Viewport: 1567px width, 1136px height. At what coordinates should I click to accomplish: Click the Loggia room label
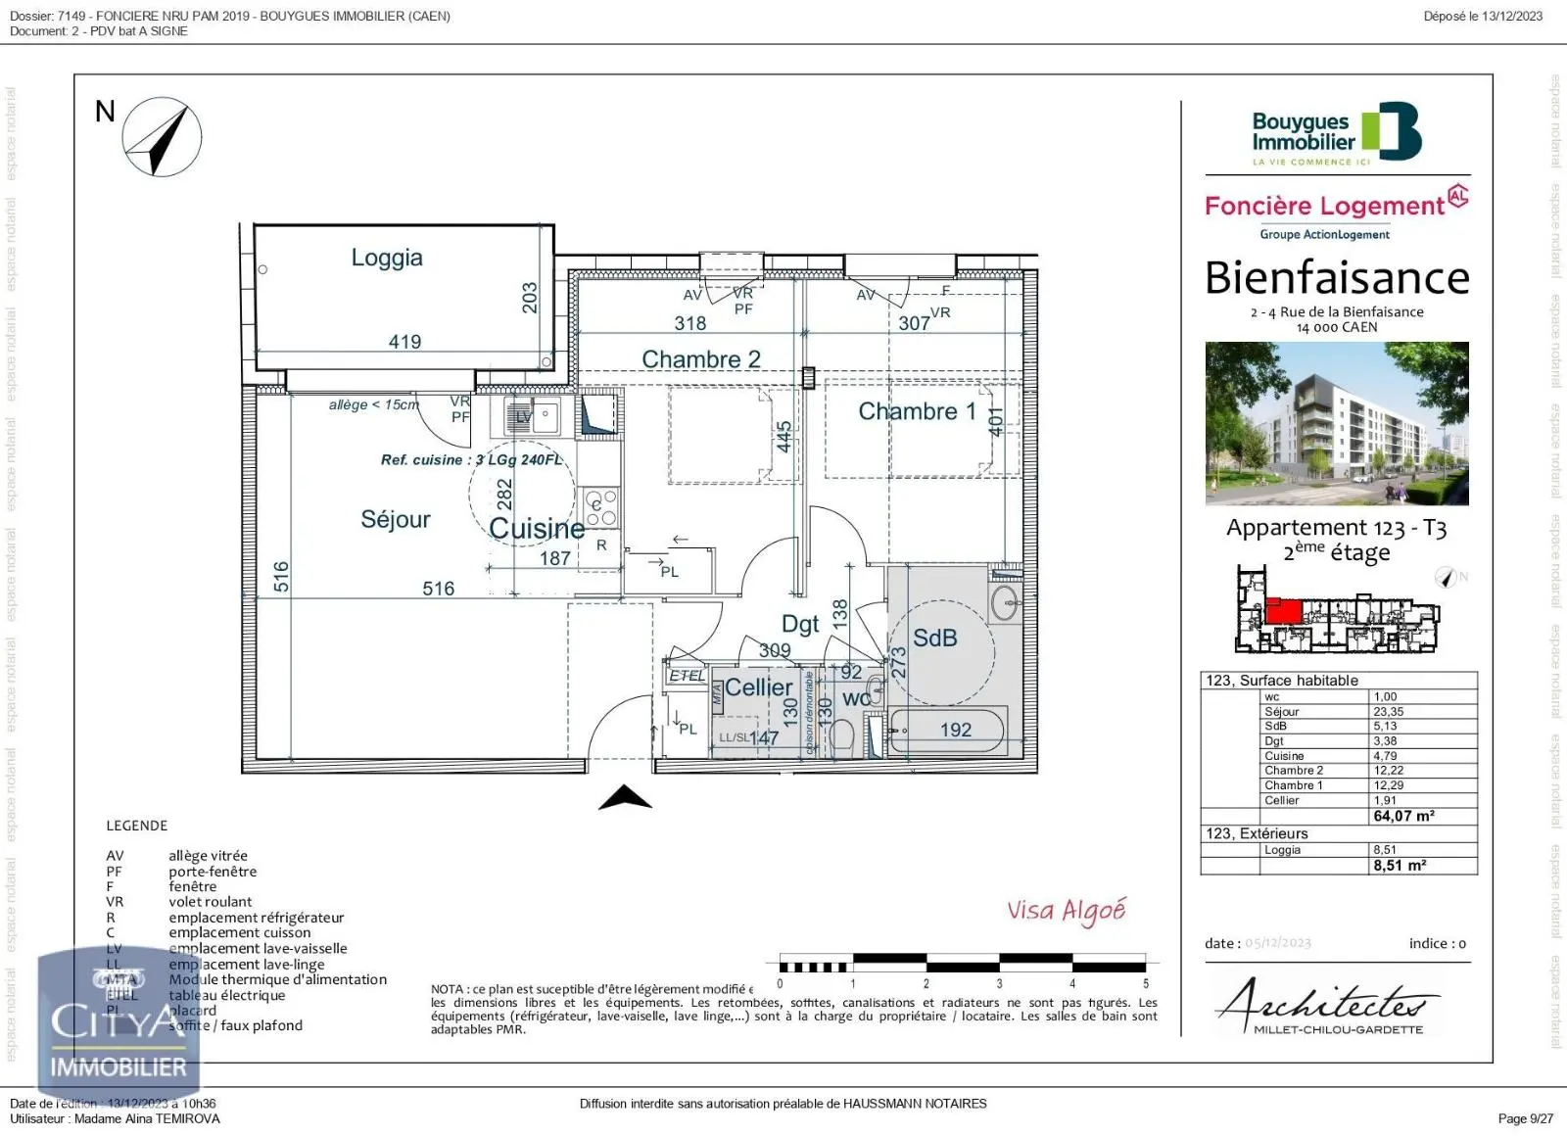[x=387, y=258]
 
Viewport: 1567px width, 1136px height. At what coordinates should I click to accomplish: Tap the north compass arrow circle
[x=162, y=137]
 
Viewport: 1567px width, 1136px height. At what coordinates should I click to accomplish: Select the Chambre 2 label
[x=700, y=359]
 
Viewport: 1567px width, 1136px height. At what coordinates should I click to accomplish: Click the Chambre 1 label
[x=917, y=411]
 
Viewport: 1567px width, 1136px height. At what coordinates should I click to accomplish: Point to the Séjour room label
[x=395, y=519]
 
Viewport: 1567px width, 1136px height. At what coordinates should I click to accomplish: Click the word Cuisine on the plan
[x=536, y=529]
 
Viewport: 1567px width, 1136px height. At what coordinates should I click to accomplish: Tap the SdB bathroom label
[x=934, y=639]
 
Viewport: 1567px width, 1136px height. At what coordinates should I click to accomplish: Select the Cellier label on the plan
[x=758, y=687]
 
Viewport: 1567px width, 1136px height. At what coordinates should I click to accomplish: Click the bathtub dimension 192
[x=955, y=730]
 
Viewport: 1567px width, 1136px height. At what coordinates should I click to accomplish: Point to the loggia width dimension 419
[x=404, y=342]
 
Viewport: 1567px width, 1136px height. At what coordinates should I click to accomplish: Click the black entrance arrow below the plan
[x=625, y=798]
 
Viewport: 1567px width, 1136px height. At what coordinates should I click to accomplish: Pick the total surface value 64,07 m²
[x=1403, y=816]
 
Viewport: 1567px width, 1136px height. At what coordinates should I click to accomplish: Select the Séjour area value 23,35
[x=1388, y=712]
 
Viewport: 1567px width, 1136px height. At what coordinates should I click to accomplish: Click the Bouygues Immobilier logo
[x=1336, y=134]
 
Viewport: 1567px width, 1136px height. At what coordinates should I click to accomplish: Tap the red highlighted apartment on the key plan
[x=1283, y=611]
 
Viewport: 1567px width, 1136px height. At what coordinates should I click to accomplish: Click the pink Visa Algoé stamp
[x=1066, y=911]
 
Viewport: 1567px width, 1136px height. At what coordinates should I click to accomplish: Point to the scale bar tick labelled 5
[x=1145, y=983]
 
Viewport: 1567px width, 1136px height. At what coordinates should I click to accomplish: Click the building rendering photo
[x=1336, y=423]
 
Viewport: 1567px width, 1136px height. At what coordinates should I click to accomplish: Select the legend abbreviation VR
[x=115, y=902]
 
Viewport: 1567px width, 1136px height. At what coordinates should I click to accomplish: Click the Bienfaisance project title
[x=1336, y=278]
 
